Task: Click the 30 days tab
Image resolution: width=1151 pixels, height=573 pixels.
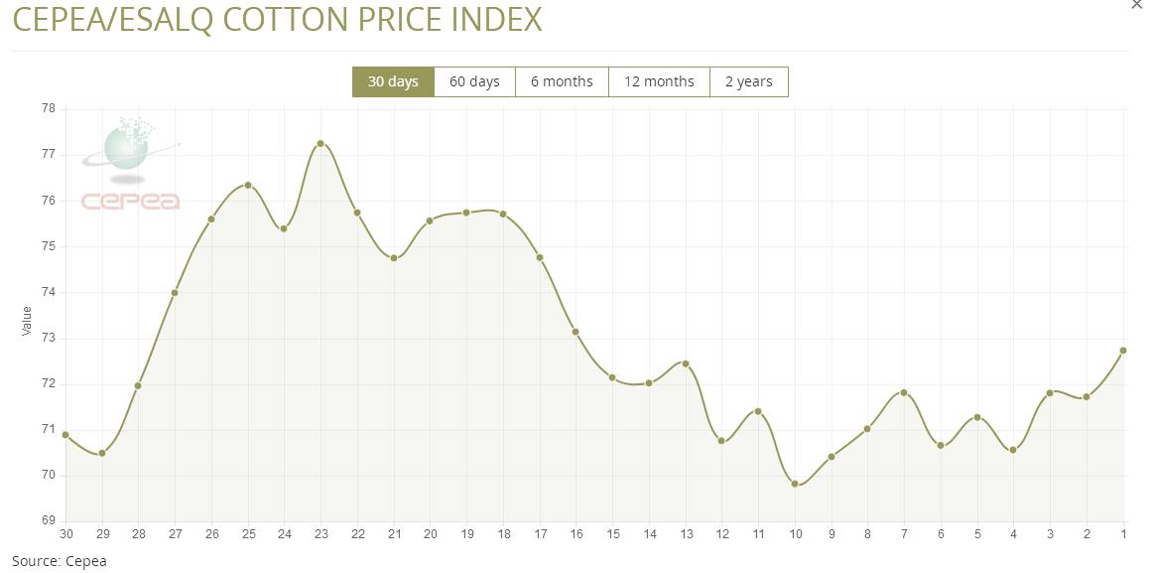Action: pyautogui.click(x=393, y=81)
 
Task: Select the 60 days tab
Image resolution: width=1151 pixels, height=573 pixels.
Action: pyautogui.click(x=474, y=81)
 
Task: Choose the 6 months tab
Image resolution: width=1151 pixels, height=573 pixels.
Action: pyautogui.click(x=562, y=81)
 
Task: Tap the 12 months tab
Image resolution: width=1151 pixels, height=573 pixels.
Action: pyautogui.click(x=659, y=81)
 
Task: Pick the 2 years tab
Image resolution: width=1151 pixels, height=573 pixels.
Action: pyautogui.click(x=748, y=81)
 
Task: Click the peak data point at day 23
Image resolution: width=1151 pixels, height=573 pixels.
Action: pyautogui.click(x=320, y=143)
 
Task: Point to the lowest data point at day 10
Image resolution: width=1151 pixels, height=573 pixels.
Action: pyautogui.click(x=795, y=484)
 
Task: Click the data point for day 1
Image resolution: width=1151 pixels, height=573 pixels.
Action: pyautogui.click(x=1123, y=351)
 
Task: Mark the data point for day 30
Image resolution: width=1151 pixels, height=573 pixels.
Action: pyautogui.click(x=65, y=435)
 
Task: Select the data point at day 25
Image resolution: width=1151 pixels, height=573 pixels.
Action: pyautogui.click(x=248, y=185)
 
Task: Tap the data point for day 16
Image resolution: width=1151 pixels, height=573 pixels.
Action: pyautogui.click(x=575, y=332)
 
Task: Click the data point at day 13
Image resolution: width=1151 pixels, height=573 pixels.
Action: pyautogui.click(x=686, y=363)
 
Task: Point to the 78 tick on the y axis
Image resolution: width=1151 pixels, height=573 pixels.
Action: pyautogui.click(x=48, y=108)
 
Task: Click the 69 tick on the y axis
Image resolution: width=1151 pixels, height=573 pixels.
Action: pyautogui.click(x=48, y=520)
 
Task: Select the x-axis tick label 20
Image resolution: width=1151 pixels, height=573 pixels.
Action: pyautogui.click(x=430, y=534)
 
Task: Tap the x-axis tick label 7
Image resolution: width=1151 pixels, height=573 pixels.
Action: pyautogui.click(x=904, y=534)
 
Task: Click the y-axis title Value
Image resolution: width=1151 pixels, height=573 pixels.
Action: pyautogui.click(x=27, y=320)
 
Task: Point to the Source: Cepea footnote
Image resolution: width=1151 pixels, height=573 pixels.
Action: pyautogui.click(x=59, y=561)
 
